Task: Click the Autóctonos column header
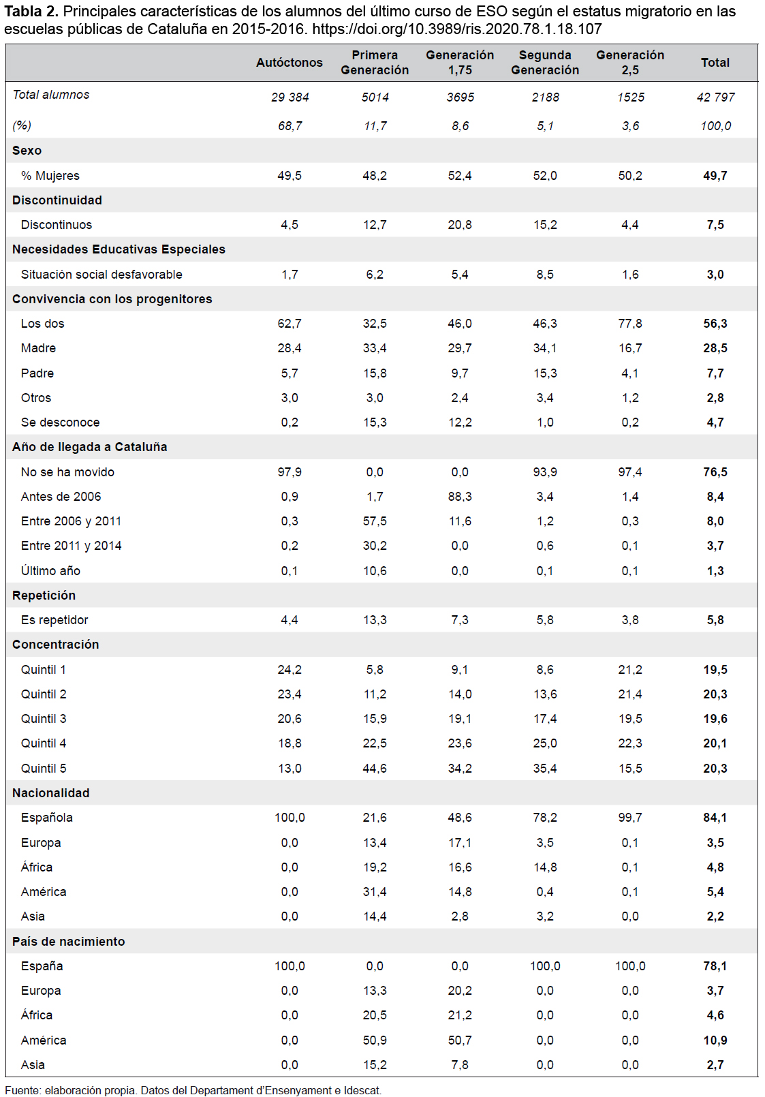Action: pos(289,63)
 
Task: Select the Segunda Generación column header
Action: pos(545,63)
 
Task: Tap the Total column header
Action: pos(715,63)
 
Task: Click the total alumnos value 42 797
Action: pos(715,97)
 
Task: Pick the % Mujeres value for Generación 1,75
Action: pos(460,176)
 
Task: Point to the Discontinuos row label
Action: pos(57,225)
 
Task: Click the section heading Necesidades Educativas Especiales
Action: pos(119,249)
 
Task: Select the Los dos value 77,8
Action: pos(630,324)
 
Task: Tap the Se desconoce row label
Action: pos(60,422)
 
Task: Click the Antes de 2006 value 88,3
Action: pos(460,497)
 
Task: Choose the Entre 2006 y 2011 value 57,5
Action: pos(375,521)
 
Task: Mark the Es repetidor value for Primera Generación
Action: pos(375,620)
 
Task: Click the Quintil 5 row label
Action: pos(44,769)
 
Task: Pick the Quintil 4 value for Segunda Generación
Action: pos(545,743)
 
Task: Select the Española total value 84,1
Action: pos(715,818)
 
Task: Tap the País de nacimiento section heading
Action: pos(69,941)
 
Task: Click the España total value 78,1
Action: pos(715,966)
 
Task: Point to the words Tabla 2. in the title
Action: pos(31,12)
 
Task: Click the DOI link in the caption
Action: pos(457,29)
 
